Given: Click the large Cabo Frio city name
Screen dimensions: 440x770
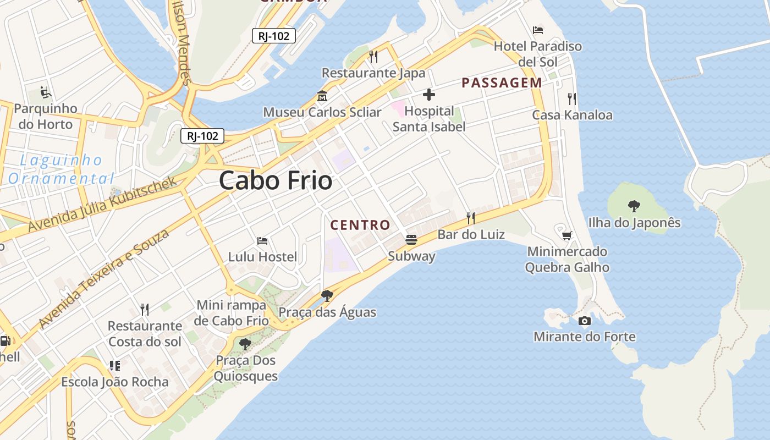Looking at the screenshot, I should (x=276, y=180).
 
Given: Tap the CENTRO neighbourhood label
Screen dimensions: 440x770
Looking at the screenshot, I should (x=360, y=224).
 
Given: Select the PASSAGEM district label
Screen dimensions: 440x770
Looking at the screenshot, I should (x=502, y=83).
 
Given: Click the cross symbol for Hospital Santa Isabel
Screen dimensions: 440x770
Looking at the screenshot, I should (x=428, y=95).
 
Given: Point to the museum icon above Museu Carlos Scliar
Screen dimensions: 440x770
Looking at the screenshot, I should (x=322, y=96).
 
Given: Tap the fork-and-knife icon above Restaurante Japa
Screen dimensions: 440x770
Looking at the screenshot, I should (x=373, y=56).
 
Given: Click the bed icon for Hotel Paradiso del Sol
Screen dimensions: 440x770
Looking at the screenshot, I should (x=538, y=30).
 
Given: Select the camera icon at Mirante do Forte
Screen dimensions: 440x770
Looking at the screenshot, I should (x=585, y=321).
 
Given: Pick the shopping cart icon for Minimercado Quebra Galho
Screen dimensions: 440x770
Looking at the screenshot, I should (x=567, y=235).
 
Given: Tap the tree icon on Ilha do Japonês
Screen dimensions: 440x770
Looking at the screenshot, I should (x=634, y=206).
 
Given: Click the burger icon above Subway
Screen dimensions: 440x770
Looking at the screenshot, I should (x=411, y=239).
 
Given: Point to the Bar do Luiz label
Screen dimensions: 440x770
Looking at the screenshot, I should (x=471, y=234).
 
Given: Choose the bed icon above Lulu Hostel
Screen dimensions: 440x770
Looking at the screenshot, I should (x=262, y=240).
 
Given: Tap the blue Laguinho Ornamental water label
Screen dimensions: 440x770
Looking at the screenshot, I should (x=61, y=169).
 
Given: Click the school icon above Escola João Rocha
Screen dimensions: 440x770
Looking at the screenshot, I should (x=115, y=365).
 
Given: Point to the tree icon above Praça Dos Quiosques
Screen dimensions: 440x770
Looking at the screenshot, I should (x=245, y=344).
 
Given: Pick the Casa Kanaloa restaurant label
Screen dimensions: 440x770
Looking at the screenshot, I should (x=572, y=115).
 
